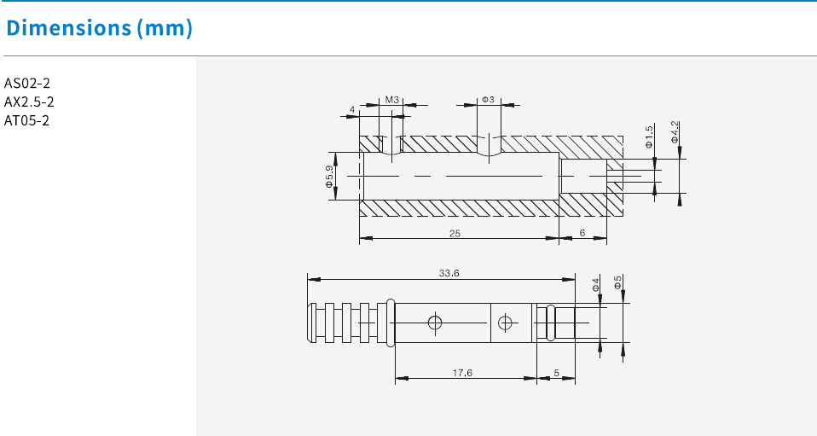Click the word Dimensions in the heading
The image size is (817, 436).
(x=67, y=27)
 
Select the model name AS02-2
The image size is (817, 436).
(x=27, y=83)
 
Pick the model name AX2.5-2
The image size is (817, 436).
(x=30, y=102)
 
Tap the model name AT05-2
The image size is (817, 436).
(x=27, y=120)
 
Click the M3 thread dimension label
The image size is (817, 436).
(x=391, y=100)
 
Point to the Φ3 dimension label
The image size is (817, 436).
(x=488, y=100)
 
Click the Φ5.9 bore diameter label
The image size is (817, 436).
(x=328, y=177)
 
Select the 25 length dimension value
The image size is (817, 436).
(x=456, y=233)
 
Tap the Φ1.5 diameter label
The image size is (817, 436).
(x=649, y=137)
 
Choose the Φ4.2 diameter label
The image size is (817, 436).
(x=675, y=133)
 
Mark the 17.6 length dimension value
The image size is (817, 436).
(x=462, y=372)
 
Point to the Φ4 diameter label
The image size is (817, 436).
(x=595, y=283)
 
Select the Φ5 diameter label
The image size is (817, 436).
(x=617, y=282)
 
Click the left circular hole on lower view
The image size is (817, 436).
(x=435, y=323)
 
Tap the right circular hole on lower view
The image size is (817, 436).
(x=506, y=323)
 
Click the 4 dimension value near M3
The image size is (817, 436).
(x=352, y=110)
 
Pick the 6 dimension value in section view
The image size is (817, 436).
(x=582, y=233)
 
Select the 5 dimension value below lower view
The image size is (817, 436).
(x=556, y=372)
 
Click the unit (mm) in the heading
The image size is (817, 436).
(x=164, y=27)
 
